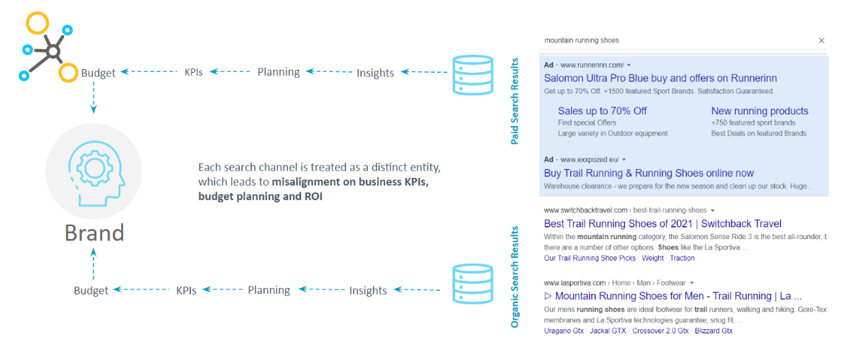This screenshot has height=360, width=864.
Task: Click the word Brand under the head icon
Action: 94,232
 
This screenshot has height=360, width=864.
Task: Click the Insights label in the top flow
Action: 375,73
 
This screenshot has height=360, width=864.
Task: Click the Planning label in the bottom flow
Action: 269,290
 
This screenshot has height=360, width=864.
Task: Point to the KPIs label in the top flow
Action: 193,73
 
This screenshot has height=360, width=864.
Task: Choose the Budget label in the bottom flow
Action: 91,291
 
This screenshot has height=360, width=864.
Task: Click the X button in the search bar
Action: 821,41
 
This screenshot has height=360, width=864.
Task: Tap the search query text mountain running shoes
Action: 581,41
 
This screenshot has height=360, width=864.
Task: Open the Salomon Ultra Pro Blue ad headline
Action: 660,78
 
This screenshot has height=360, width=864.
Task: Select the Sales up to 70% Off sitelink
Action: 602,111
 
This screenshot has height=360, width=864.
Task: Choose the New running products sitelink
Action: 760,111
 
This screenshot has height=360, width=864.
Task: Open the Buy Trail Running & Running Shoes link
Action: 649,174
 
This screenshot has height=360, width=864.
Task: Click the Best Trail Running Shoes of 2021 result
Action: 662,224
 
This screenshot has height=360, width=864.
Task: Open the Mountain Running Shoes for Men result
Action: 672,296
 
